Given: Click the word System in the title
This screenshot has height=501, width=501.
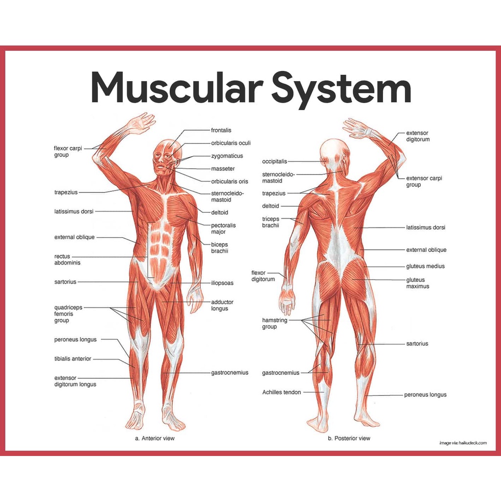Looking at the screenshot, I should (341, 89).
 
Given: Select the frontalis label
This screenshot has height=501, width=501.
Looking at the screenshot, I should (221, 131).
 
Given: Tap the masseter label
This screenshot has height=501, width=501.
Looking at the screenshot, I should (223, 169).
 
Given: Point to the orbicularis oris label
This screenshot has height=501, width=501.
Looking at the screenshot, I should (229, 182).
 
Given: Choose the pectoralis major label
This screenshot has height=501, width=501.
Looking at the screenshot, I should (223, 228).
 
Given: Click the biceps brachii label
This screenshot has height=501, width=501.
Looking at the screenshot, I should (219, 248).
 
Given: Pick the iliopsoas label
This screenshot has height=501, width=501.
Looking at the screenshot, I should (222, 283).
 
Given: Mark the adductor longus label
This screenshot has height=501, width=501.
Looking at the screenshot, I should (222, 305).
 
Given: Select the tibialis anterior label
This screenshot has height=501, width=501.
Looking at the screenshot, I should (72, 359).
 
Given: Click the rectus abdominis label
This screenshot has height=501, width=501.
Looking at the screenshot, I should (67, 259).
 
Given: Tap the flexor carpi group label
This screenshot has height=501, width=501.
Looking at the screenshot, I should (68, 152).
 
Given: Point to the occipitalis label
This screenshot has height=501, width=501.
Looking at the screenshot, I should (274, 161).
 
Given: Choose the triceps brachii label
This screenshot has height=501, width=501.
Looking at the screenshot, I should (271, 222).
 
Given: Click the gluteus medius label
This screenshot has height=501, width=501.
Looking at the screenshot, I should (425, 267).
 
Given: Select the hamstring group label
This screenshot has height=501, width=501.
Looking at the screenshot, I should (274, 323).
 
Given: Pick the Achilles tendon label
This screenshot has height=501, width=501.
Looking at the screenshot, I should (281, 392).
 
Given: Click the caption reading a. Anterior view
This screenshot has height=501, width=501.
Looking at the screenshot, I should (155, 438).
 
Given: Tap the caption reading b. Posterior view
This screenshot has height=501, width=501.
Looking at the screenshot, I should (349, 438).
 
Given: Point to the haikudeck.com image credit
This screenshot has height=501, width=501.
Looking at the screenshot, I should (463, 443).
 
